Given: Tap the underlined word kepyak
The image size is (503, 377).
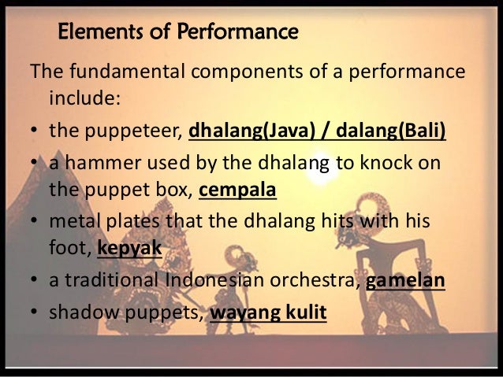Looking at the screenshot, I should tap(130, 250).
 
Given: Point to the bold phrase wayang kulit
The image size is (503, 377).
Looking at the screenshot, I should tap(267, 312).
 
